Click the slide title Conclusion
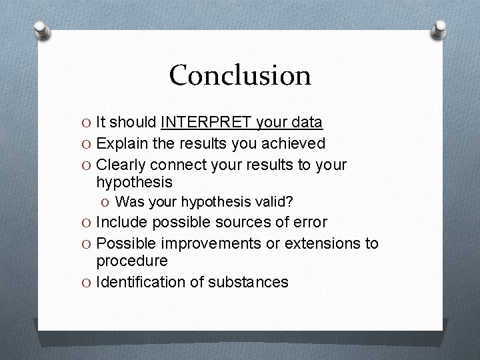click(240, 75)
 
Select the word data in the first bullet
click(305, 123)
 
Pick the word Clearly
click(121, 165)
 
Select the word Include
click(122, 222)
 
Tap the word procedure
click(132, 261)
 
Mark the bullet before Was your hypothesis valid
click(106, 202)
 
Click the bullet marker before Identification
click(87, 283)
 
